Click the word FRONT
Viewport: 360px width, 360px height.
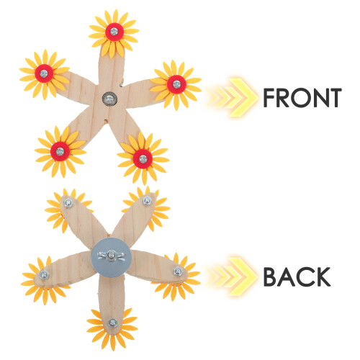[x=302, y=98]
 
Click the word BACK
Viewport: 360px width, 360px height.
[x=297, y=276]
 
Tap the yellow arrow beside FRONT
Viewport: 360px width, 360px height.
[x=232, y=98]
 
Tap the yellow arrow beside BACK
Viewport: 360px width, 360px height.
[x=232, y=276]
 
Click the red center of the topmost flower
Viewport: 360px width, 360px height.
[x=114, y=32]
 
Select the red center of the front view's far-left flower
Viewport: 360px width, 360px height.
[x=44, y=73]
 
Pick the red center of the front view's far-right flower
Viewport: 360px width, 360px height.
[x=176, y=84]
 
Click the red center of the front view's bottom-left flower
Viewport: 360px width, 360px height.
[x=60, y=151]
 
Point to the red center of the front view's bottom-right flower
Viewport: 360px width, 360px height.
[x=143, y=158]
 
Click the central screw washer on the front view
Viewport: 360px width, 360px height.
[x=109, y=99]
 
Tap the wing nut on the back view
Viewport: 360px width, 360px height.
[x=111, y=254]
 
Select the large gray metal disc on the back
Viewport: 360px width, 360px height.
[x=111, y=258]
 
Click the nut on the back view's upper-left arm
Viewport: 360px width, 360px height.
[x=68, y=204]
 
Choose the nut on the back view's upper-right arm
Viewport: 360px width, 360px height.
[x=147, y=201]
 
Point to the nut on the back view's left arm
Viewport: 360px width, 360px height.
[x=44, y=275]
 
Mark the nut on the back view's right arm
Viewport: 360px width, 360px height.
[x=178, y=271]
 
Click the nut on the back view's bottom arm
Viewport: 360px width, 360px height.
[x=112, y=323]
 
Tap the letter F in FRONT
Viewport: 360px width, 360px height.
[x=269, y=98]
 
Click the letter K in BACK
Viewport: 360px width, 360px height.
[x=323, y=276]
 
